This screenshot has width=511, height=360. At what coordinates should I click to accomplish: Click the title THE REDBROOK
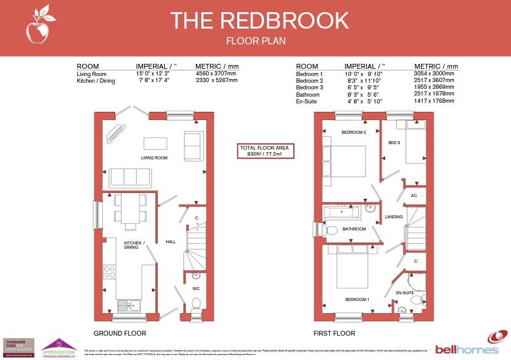point(259,20)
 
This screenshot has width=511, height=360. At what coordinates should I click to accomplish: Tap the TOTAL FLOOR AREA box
point(264,151)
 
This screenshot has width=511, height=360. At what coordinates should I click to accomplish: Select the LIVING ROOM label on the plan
point(155,158)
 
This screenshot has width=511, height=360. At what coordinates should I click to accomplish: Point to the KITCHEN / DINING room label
point(133,245)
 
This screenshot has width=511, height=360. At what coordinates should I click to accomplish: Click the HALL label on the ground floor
point(170,242)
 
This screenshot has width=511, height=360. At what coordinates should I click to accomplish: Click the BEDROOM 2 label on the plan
point(353,133)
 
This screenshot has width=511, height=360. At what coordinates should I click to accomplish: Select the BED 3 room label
point(394,142)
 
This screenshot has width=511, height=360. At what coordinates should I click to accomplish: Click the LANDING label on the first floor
point(394,216)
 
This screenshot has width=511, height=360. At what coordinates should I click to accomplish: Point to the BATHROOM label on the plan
point(353,229)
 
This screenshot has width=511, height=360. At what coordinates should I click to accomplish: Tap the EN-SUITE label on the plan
point(405,293)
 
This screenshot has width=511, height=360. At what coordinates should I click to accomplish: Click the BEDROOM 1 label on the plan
point(357,300)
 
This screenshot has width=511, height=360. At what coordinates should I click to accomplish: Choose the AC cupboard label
point(414,196)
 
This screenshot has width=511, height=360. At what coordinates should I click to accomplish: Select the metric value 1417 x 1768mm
point(434,101)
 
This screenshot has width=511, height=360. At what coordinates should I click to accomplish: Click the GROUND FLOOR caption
point(120,333)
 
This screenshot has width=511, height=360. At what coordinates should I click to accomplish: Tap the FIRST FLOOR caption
point(334,333)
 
